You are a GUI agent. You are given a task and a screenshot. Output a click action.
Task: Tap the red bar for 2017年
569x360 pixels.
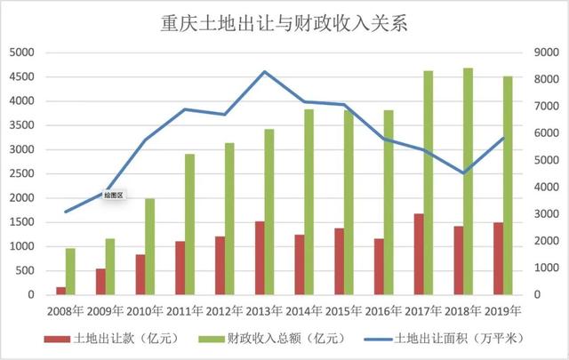point(419,254)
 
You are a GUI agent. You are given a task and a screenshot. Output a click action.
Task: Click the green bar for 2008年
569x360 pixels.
point(70,271)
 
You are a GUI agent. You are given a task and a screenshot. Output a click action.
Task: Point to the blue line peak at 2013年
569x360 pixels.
point(265,72)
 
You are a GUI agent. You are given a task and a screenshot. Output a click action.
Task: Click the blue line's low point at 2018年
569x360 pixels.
point(463,172)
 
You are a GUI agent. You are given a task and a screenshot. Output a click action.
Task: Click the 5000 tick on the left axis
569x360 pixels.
point(20,52)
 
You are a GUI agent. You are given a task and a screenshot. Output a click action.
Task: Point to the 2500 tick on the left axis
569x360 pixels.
point(20,173)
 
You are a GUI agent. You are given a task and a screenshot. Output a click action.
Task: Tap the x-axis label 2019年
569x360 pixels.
point(502,311)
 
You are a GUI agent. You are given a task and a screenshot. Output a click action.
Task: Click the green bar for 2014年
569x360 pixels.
point(309,202)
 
